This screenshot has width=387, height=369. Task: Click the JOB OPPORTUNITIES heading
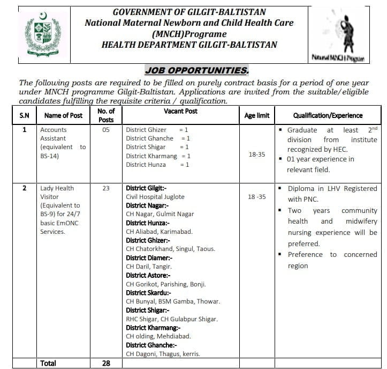[x=196, y=70]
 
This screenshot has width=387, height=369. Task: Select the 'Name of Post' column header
[x=63, y=115]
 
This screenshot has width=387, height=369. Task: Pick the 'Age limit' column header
[x=257, y=115]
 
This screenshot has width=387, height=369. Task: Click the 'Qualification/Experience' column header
[x=328, y=115]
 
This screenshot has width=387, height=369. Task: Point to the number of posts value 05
[x=105, y=130]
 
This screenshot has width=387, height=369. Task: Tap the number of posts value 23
[x=105, y=188]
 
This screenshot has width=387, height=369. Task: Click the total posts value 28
[x=105, y=363]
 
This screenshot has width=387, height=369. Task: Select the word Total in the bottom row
[x=48, y=363]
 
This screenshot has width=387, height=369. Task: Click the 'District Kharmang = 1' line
[x=158, y=156]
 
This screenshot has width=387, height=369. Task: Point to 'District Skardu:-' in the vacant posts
[x=148, y=293]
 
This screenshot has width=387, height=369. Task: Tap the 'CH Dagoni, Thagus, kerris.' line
[x=163, y=354]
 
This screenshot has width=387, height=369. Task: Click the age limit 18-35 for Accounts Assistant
[x=257, y=154]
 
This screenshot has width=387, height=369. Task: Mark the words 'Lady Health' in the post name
[x=57, y=188]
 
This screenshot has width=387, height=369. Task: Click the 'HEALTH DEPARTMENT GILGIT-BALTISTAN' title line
[x=189, y=45]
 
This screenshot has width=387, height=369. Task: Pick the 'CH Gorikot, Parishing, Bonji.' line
[x=165, y=284]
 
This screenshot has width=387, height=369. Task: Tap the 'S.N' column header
[x=25, y=115]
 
